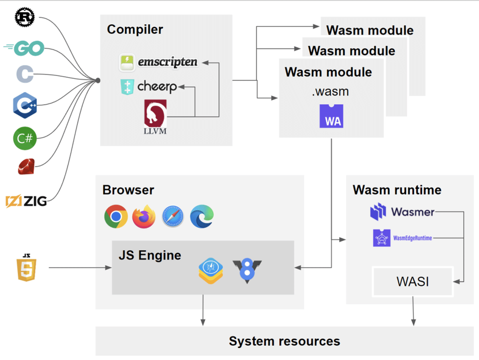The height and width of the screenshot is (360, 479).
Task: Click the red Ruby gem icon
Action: coord(26,166)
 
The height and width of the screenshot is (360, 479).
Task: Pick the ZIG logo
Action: coord(26,201)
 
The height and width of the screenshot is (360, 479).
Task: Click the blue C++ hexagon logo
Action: coord(25,106)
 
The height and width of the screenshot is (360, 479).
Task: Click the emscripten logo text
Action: coord(168,62)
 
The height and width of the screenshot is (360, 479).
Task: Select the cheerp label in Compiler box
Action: coord(157,86)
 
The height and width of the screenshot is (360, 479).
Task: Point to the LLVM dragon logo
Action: coord(155,116)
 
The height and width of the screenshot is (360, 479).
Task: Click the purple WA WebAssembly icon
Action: coord(331,116)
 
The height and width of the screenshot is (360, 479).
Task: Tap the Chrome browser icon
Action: coord(116,216)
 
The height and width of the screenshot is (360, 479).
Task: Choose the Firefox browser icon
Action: coord(144,216)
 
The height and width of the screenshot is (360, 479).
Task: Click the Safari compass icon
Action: coord(173,217)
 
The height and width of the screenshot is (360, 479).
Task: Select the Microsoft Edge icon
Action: coord(202,216)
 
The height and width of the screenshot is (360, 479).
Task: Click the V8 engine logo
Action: coord(247,271)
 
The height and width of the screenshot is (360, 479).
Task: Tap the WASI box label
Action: coord(412,281)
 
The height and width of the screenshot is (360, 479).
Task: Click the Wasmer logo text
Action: coord(412,212)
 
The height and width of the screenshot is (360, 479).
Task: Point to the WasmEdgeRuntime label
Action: coord(412,238)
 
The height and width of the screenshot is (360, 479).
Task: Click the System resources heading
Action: coord(284,341)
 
